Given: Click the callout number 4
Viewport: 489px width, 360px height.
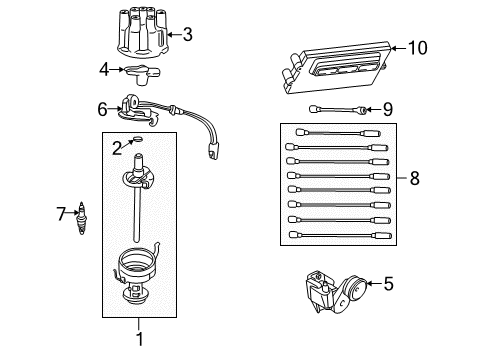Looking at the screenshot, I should tap(105, 69).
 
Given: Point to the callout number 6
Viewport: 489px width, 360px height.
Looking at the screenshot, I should tap(102, 108).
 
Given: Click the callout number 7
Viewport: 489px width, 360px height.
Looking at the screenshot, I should tap(61, 212).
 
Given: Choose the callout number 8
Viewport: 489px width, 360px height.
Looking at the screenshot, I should tap(413, 180).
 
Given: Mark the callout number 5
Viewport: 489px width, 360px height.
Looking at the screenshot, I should tap(388, 283).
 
